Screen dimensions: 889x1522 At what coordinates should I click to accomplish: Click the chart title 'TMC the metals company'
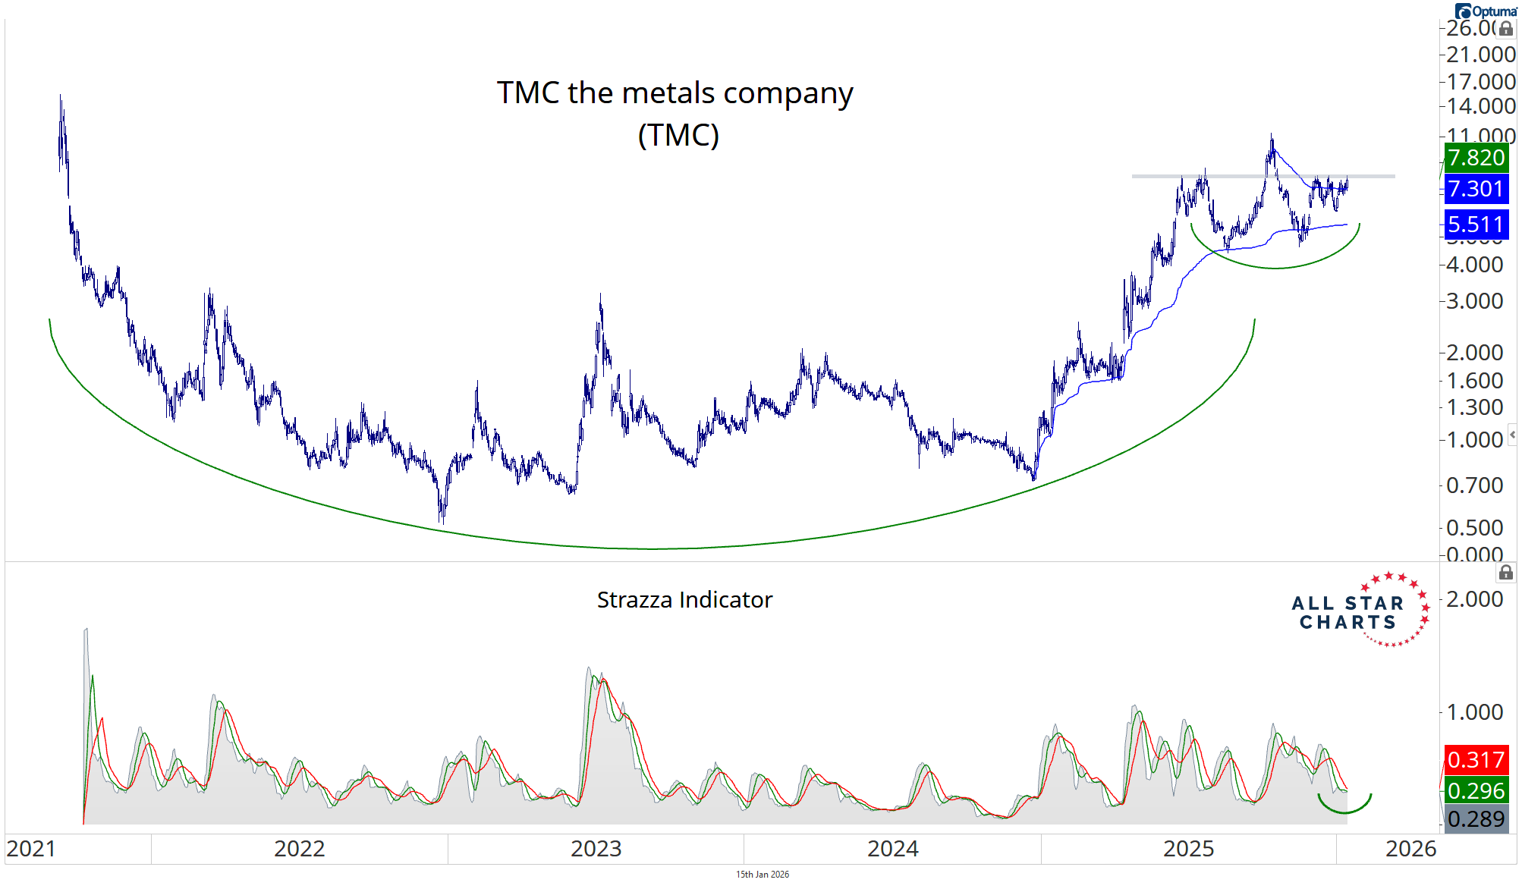675,93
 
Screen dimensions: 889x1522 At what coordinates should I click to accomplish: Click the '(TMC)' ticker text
678,135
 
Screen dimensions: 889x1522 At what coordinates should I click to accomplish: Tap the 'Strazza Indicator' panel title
684,600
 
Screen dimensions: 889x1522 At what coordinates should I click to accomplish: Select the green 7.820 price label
1476,158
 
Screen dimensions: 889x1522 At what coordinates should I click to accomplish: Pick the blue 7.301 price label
1476,189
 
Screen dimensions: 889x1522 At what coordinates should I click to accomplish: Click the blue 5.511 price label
1476,225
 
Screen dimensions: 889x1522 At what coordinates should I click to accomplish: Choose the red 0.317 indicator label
1476,759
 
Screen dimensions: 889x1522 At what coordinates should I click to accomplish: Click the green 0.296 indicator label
1476,790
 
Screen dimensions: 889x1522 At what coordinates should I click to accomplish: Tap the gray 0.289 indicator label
1476,819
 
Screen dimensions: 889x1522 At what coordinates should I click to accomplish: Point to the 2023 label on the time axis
596,849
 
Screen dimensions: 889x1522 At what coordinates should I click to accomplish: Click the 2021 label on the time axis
31,849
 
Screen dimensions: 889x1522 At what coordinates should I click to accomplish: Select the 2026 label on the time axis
1410,849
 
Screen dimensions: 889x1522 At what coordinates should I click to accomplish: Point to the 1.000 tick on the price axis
1474,440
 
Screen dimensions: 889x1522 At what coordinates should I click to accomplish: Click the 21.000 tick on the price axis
1480,55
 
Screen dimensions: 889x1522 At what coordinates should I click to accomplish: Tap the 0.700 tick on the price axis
1474,485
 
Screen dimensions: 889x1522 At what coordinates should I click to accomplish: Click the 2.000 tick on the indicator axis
1474,599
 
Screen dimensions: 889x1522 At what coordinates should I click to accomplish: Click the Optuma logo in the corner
1486,11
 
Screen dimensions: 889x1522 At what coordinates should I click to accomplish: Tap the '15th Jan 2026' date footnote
762,875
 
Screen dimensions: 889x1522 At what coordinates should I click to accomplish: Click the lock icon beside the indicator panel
1506,573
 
